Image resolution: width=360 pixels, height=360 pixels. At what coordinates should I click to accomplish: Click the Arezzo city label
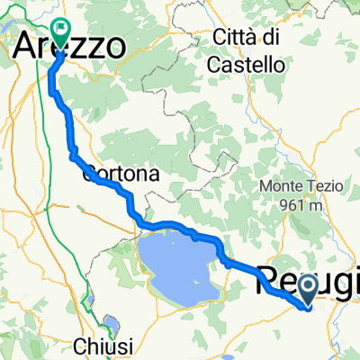pyautogui.click(x=70, y=46)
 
